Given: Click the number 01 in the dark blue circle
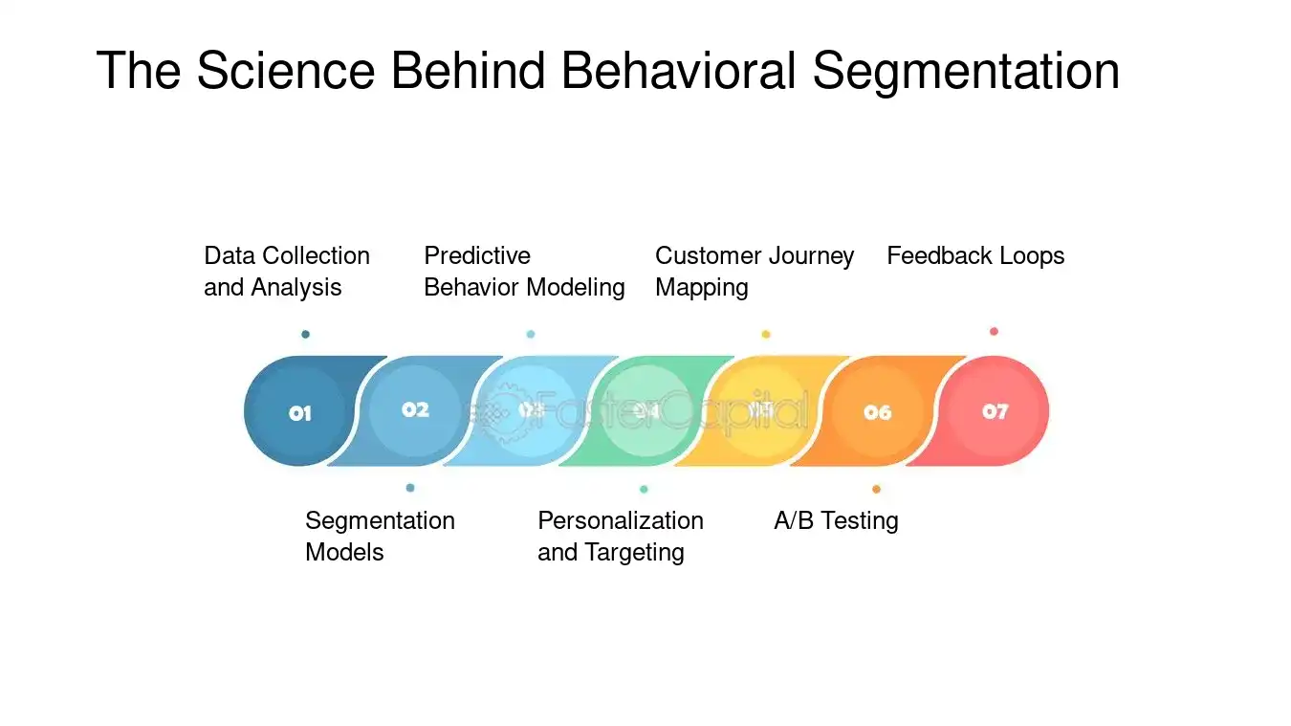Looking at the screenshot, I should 300,413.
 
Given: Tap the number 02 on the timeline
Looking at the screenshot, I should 415,409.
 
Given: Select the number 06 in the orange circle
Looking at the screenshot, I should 877,412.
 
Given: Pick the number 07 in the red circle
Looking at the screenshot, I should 995,411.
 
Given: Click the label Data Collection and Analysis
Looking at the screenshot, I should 287,272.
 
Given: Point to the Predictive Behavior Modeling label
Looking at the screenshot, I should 524,272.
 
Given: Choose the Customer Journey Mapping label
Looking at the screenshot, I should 754,272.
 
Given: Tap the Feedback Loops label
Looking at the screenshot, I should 975,256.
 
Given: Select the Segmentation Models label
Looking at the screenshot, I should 380,537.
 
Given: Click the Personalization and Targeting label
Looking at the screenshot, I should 620,537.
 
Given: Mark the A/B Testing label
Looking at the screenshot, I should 836,521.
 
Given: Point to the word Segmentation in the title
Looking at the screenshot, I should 966,71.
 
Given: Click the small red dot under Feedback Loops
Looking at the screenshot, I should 994,332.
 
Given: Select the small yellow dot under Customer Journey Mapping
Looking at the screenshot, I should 765,335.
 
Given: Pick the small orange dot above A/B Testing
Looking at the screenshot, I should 876,489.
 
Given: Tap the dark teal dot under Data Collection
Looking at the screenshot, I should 305,335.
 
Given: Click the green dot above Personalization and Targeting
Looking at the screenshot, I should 644,489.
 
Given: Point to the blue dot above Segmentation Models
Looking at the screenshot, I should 410,488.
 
